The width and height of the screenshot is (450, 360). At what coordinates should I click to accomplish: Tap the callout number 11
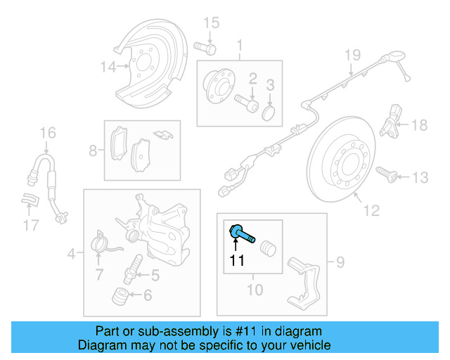pyautogui.click(x=236, y=262)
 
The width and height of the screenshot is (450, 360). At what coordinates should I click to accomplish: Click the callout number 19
pyautogui.click(x=352, y=55)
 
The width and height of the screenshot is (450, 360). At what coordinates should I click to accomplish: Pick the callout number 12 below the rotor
pyautogui.click(x=371, y=210)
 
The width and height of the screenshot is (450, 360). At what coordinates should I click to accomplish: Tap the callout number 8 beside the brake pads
pyautogui.click(x=93, y=150)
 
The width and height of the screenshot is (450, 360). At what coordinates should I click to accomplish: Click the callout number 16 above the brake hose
pyautogui.click(x=47, y=132)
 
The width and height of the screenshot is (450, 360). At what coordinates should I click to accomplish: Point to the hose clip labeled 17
pyautogui.click(x=28, y=201)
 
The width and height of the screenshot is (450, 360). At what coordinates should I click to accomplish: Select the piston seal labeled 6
pyautogui.click(x=122, y=296)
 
